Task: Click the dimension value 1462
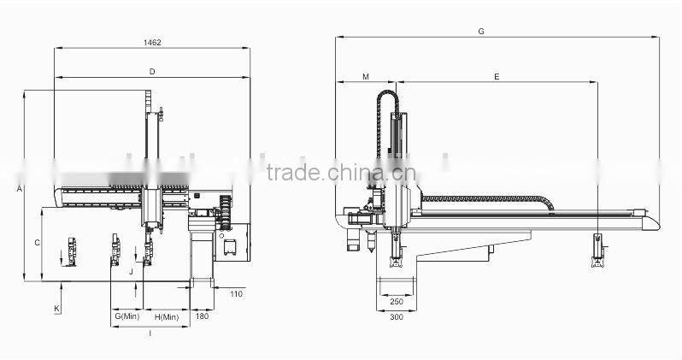pyautogui.click(x=152, y=42)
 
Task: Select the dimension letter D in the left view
pyautogui.click(x=151, y=72)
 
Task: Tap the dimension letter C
pyautogui.click(x=37, y=243)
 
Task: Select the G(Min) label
pyautogui.click(x=126, y=316)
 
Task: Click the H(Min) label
pyautogui.click(x=166, y=316)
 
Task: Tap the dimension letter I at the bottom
pyautogui.click(x=150, y=333)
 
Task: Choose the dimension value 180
pyautogui.click(x=202, y=316)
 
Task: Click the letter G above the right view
pyautogui.click(x=481, y=31)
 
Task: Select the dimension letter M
pyautogui.click(x=365, y=77)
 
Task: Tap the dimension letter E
pyautogui.click(x=497, y=77)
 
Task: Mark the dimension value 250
pyautogui.click(x=396, y=301)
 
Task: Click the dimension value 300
pyautogui.click(x=396, y=317)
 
